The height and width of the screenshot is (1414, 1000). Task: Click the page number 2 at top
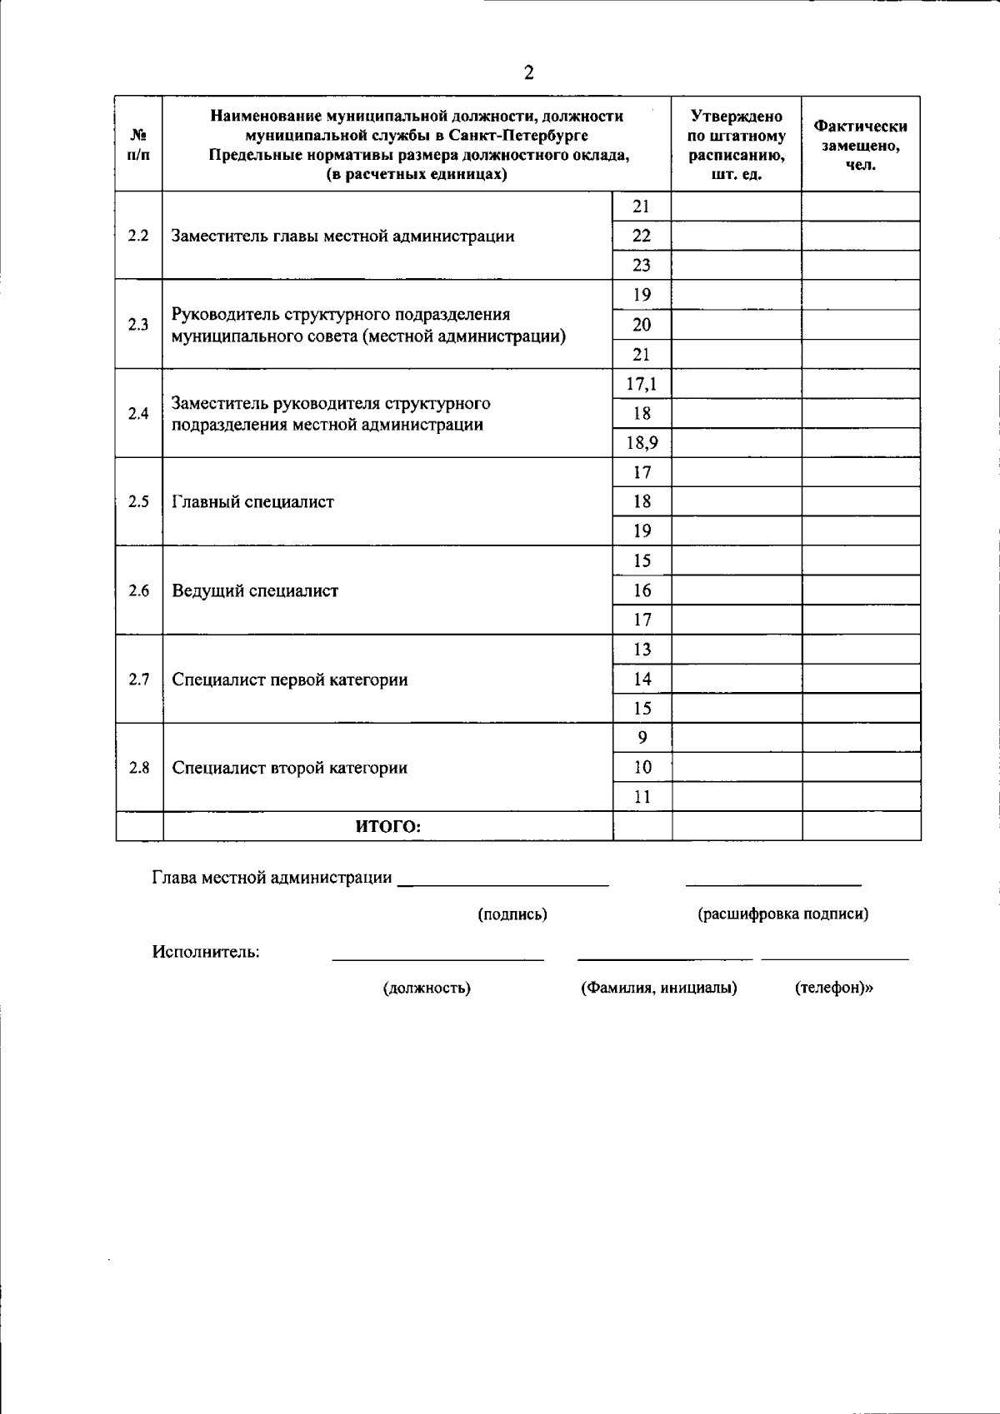pos(528,73)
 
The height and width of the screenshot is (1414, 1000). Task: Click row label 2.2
pos(138,236)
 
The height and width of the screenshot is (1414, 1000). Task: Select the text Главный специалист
pos(252,502)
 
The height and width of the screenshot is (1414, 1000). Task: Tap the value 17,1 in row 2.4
pos(642,384)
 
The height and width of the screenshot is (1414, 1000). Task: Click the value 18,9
pos(642,443)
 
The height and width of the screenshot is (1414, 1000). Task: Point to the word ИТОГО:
pos(388,827)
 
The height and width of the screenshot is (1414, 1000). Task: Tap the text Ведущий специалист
pos(255,591)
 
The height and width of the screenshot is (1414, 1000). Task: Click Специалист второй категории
pos(289,768)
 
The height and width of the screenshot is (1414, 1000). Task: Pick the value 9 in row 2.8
pos(642,738)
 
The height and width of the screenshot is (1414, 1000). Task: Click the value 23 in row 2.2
pos(642,266)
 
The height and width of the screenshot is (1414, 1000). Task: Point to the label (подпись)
pos(512,914)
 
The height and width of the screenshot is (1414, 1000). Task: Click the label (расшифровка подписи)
pos(782,914)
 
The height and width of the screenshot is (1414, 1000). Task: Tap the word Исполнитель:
pos(206,952)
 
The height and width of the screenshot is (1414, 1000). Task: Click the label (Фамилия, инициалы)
pos(658,988)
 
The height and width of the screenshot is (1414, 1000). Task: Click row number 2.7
pos(138,680)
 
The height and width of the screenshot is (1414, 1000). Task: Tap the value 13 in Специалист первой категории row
pos(642,650)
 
